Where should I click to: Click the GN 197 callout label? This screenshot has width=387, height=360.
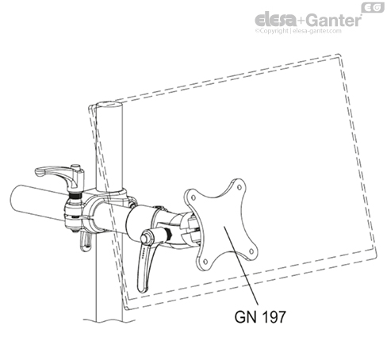coord(260,316)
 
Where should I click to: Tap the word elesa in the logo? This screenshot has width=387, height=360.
coord(275,20)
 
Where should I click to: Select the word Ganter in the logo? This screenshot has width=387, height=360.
coord(335,20)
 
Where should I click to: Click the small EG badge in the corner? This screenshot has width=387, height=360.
coord(373,7)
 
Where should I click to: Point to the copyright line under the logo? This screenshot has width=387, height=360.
coord(298,31)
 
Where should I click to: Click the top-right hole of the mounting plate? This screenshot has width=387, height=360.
coord(239,187)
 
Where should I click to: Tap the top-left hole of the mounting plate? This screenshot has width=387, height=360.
coord(193,197)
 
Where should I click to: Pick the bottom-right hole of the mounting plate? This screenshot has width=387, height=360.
coord(251,251)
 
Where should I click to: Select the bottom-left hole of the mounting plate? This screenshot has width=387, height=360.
coord(205,262)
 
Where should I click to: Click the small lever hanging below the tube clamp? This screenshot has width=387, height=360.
coord(86,240)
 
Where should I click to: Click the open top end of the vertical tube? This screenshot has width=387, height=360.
coord(109,104)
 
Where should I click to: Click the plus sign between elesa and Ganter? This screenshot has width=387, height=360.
coord(301,21)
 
